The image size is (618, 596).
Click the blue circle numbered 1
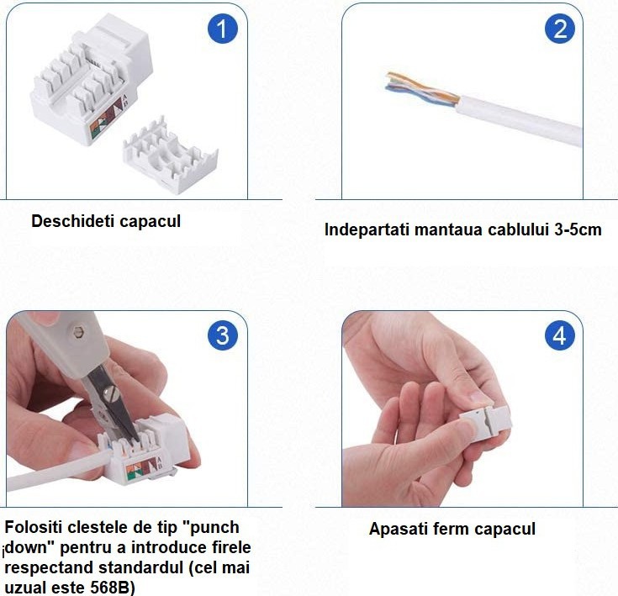point(223,29)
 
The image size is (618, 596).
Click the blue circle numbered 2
point(560,29)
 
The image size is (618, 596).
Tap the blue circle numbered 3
point(223,335)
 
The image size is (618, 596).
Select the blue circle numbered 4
point(560,335)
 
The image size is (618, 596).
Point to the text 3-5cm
point(578,229)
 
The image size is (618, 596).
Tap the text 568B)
point(113,588)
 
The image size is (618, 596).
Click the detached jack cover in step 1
point(170,156)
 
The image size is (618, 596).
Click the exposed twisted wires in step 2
point(422,91)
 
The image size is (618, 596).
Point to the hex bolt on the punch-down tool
point(79,332)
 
